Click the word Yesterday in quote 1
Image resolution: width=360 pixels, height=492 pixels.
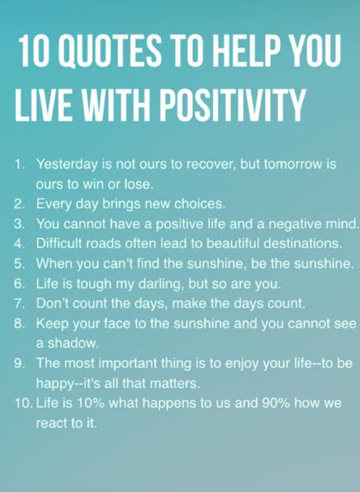67,165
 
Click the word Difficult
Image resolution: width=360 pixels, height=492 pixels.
59,243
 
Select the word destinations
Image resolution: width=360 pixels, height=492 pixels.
302,243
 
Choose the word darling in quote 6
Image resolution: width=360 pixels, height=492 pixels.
160,284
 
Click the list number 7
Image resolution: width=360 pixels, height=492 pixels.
18,303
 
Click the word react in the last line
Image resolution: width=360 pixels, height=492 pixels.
51,424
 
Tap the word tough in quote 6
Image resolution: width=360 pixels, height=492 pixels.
94,284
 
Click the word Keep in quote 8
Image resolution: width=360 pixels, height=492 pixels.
52,324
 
